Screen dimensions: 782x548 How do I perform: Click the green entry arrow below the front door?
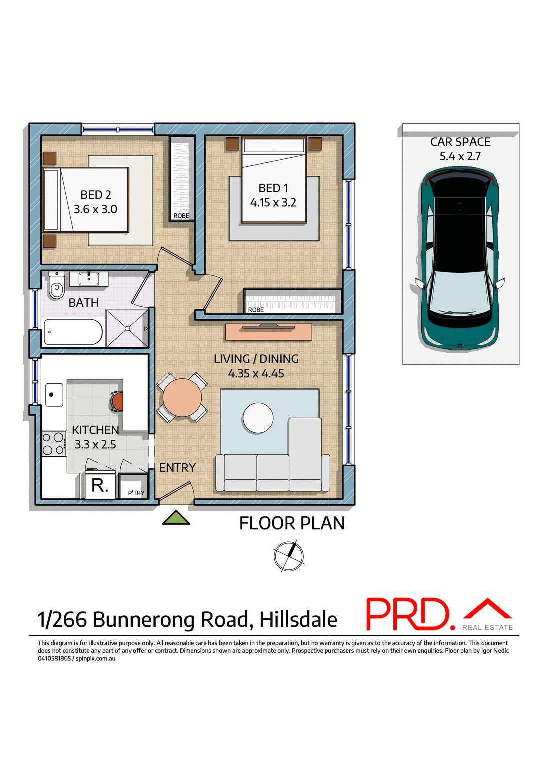(176, 518)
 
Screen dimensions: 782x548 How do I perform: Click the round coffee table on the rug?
(258, 417)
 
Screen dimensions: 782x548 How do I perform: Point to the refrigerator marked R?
(100, 485)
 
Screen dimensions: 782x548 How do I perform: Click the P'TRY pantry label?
(136, 493)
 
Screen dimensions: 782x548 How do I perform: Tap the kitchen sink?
(54, 394)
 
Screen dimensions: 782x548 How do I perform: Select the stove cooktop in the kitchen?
(53, 443)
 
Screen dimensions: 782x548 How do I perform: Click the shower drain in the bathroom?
(127, 328)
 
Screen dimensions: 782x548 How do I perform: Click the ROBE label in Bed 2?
(181, 216)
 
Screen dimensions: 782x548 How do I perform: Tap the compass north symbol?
(289, 556)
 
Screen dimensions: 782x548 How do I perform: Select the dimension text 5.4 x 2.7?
(460, 156)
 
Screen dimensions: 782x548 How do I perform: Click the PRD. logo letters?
(407, 614)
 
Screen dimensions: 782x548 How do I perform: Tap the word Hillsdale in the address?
(298, 620)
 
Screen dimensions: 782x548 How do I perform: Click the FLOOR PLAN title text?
(292, 523)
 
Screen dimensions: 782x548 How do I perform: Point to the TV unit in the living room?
(268, 331)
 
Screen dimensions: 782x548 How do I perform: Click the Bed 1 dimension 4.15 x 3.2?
(273, 202)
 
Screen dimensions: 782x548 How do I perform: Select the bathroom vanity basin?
(89, 278)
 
